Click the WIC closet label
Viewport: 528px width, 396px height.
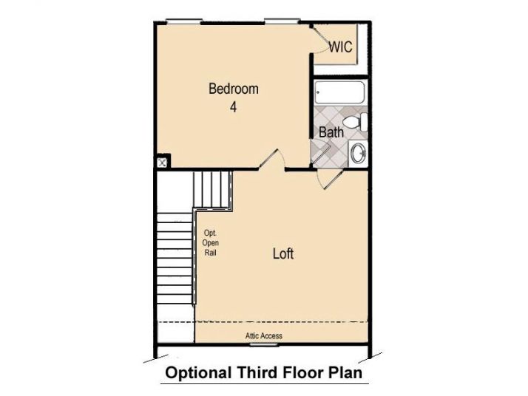(340, 47)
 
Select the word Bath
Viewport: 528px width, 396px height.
(331, 133)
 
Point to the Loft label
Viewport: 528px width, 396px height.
(283, 253)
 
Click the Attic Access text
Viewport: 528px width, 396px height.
(264, 336)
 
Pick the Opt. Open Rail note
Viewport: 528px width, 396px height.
(211, 243)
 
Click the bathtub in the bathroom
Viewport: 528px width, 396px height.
(339, 95)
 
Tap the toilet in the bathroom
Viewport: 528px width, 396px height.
(356, 122)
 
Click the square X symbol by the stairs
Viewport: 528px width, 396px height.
(162, 162)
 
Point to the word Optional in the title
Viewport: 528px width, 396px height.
(195, 373)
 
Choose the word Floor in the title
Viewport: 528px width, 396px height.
(302, 373)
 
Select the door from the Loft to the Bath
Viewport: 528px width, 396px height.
(326, 177)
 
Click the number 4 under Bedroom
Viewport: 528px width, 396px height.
(234, 107)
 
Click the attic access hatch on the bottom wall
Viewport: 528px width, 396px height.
(263, 344)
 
